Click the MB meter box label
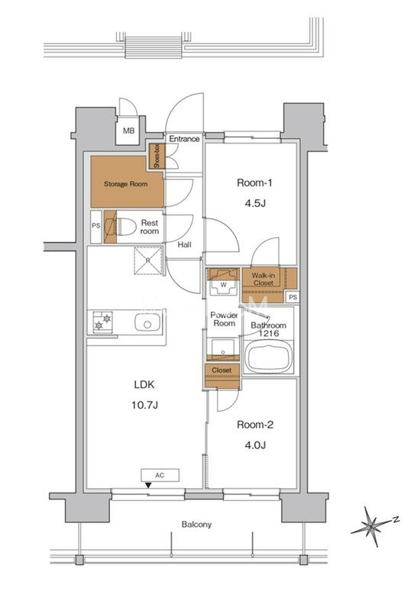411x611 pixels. (128, 131)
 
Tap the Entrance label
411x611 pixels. (184, 139)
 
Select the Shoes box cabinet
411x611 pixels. (157, 157)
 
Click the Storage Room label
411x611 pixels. (125, 184)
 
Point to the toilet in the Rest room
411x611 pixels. (125, 226)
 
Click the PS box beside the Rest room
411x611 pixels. (96, 225)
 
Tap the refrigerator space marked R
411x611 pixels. (148, 260)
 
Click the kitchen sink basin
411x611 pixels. (147, 322)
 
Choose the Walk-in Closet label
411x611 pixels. (264, 279)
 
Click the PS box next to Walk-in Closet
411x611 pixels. (293, 297)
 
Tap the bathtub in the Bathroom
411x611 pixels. (269, 357)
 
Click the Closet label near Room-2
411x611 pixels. (222, 370)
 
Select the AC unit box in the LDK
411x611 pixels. (160, 475)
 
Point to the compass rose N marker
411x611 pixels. (396, 519)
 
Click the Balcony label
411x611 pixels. (196, 525)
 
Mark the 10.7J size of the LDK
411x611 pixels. (144, 406)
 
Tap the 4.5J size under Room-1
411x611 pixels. (254, 203)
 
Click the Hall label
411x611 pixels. (184, 244)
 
